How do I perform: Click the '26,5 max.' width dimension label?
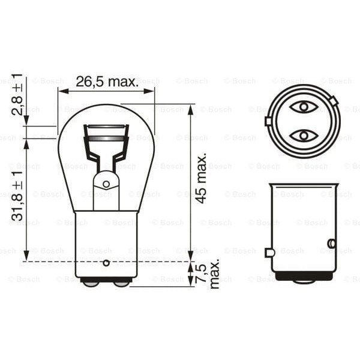107,82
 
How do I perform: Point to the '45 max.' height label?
202,178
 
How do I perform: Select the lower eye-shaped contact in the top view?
303,134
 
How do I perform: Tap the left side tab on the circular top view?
268,121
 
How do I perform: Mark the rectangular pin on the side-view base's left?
270,253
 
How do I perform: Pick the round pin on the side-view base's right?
331,244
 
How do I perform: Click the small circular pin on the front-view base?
106,262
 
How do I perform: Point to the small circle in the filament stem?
106,185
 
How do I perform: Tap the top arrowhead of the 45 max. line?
191,109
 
